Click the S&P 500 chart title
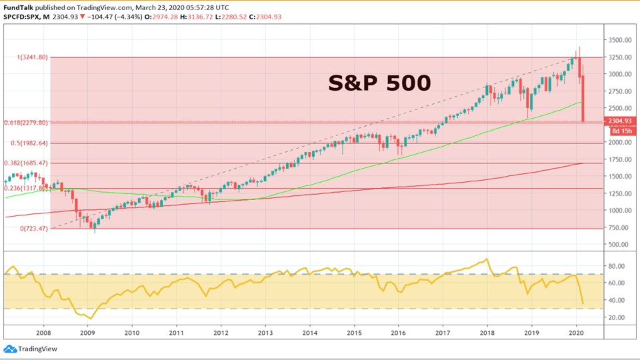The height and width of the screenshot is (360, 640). pos(379,83)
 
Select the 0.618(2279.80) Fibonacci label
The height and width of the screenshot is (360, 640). pos(25,123)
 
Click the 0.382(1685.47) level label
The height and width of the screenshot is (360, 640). pos(27,163)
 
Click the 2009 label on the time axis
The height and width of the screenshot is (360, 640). pos(87,332)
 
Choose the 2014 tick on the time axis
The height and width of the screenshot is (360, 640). pos(309,332)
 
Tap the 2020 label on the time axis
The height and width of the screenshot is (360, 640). pos(576,332)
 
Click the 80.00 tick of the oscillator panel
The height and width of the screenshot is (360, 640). pos(616,266)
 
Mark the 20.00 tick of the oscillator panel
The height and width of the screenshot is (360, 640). pos(616,317)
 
